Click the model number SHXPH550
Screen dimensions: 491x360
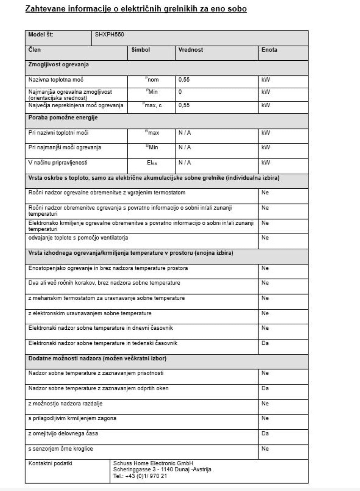(x=109, y=35)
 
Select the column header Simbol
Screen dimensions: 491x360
(x=141, y=50)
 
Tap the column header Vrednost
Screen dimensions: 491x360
(x=191, y=50)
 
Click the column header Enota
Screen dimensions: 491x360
(x=269, y=50)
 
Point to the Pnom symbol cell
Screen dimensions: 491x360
(x=152, y=80)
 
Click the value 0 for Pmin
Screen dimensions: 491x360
(x=180, y=92)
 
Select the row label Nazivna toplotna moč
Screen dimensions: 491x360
(x=56, y=80)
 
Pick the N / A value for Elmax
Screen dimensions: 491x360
(x=185, y=133)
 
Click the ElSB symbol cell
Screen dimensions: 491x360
(x=152, y=163)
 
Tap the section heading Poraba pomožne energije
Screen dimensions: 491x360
(x=63, y=118)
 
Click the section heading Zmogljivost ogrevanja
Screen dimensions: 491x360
(x=59, y=65)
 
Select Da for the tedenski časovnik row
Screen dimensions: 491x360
(x=265, y=343)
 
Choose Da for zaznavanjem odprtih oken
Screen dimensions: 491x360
(x=265, y=389)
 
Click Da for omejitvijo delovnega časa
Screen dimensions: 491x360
(x=265, y=434)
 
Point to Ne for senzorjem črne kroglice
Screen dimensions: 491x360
(x=265, y=449)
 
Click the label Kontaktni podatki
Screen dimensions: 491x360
(x=50, y=464)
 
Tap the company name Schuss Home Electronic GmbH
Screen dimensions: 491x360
(x=153, y=464)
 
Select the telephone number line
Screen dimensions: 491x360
(x=140, y=476)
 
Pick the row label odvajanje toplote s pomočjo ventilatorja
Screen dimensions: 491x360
(x=78, y=238)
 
